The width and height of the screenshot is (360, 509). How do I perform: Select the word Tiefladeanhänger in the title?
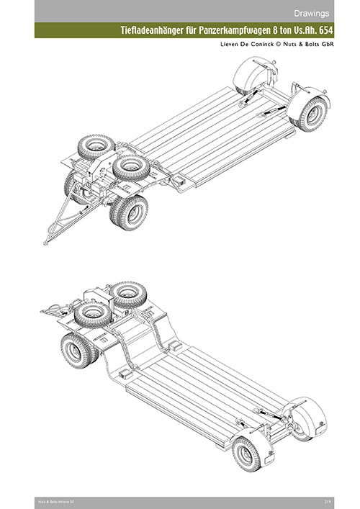point(153,31)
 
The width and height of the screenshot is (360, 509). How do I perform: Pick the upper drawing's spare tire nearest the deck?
point(131,167)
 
